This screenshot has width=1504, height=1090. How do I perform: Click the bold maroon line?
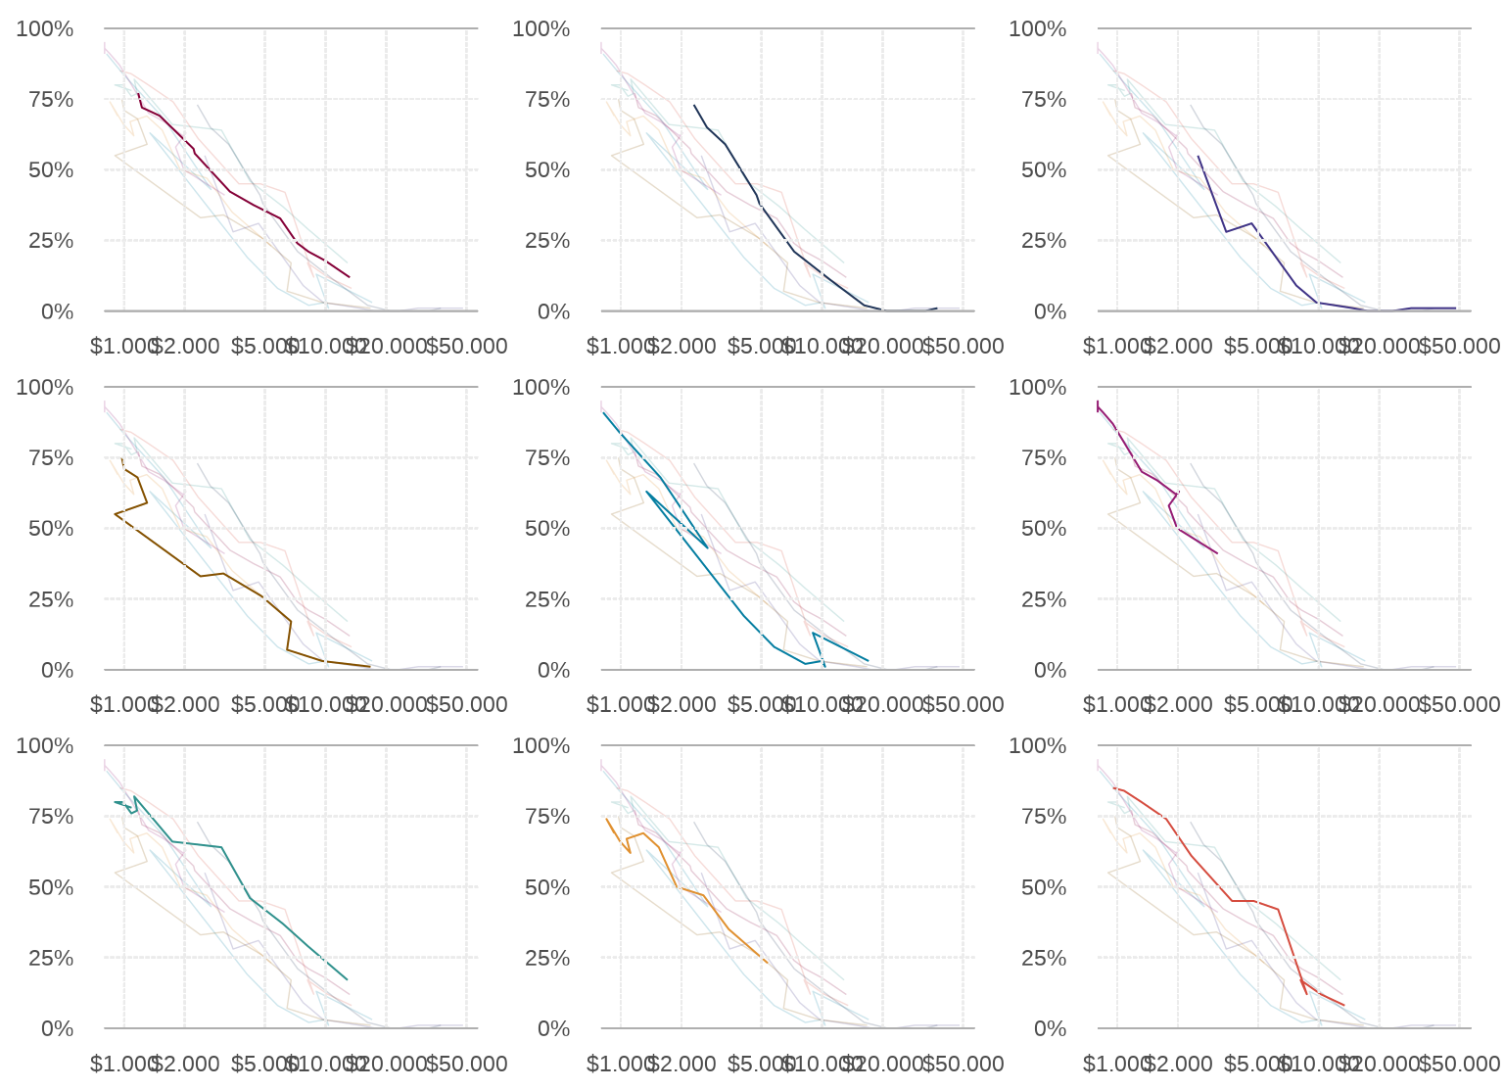230,191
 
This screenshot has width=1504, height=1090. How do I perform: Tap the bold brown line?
200,576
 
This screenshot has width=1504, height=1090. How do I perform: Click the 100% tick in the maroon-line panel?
45,28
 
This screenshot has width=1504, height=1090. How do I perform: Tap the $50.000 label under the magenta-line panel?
1459,705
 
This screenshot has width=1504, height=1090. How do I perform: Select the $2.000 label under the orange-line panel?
681,1064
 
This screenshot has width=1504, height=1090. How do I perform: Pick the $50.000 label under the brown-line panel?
466,705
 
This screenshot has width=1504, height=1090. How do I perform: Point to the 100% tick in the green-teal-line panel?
45,745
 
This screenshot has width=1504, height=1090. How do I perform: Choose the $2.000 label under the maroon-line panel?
185,347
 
